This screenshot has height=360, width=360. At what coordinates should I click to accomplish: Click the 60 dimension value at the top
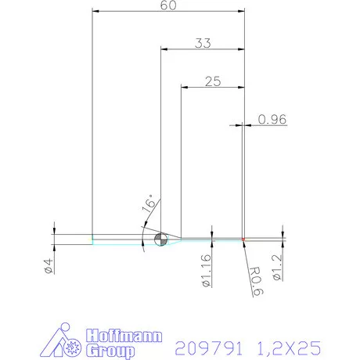pos(167,5)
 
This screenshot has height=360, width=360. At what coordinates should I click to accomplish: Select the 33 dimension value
pos(203,44)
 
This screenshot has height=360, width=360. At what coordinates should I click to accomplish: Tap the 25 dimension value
pos(212,81)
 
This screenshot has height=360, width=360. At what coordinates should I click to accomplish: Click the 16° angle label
pos(149,205)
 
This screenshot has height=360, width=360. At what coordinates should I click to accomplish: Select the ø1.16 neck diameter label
pos(207,270)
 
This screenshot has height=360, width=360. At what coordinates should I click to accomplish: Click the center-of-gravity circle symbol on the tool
pos(160,239)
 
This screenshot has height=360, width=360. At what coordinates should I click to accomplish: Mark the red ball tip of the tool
pos(244,239)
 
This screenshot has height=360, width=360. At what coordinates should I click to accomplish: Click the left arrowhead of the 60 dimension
pos(95,11)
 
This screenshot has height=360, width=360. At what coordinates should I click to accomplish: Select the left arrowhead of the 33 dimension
pos(164,49)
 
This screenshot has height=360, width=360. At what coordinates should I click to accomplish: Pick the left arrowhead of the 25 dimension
pos(185,86)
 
